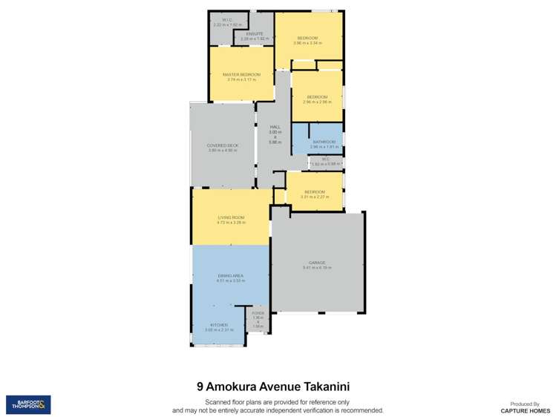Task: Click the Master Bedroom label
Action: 241,75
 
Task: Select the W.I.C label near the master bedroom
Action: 226,20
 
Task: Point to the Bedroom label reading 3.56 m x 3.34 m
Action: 308,38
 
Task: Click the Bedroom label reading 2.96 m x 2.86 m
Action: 317,96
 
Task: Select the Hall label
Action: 275,127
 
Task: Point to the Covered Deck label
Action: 223,145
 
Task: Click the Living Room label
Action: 231,217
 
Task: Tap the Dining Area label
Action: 230,275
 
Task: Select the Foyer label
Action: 258,313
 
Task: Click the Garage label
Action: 317,263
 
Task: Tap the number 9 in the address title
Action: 200,386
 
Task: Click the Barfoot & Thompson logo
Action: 28,404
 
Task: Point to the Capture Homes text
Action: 525,410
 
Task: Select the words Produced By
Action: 525,402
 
